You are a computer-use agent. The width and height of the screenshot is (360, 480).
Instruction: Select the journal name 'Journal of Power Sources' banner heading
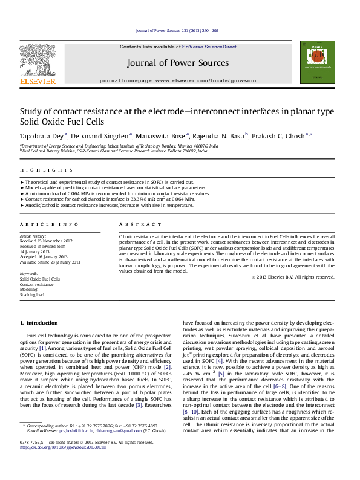178,63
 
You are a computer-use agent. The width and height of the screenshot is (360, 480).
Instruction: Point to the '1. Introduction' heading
39,323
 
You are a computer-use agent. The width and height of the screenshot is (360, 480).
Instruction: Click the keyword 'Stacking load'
32,295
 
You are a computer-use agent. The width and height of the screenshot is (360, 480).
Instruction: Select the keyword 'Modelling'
29,290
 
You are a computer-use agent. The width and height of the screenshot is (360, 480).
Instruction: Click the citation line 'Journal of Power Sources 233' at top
176,30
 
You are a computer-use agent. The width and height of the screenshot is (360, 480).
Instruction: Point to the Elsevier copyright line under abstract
292,277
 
